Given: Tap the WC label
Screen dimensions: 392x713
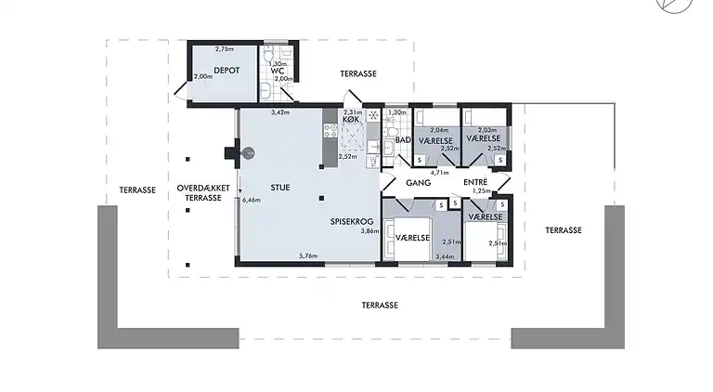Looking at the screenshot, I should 277,70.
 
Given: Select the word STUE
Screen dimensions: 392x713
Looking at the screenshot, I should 280,188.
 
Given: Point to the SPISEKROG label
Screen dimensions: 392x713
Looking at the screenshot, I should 351,222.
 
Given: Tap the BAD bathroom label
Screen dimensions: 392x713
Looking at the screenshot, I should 402,140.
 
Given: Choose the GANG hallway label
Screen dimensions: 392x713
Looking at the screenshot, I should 419,183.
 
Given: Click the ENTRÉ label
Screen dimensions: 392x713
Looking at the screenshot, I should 476,183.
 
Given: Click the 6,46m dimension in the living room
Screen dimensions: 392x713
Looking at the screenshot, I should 251,200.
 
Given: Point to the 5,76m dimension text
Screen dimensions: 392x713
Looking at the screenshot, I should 307,255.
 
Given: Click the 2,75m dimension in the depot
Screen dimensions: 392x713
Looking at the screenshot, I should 224,48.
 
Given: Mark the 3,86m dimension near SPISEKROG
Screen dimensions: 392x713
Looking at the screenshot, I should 370,231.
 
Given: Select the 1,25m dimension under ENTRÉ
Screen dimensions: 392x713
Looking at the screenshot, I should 480,191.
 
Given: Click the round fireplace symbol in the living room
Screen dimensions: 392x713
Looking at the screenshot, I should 248,154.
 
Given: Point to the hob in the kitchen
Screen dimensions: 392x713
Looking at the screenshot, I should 352,140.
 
